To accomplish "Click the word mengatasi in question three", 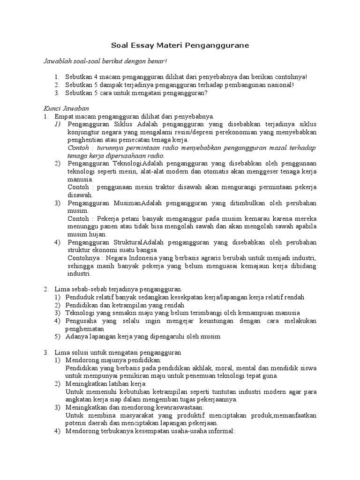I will coord(143,92).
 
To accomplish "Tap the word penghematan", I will coord(86,329).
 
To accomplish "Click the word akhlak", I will coord(188,368).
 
